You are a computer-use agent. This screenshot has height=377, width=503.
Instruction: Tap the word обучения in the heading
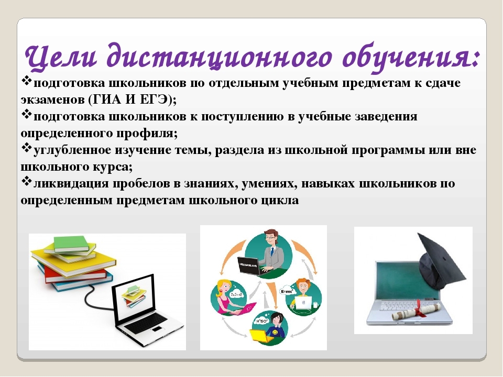coord(411,58)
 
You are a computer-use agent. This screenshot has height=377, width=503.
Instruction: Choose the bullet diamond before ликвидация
coord(26,182)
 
